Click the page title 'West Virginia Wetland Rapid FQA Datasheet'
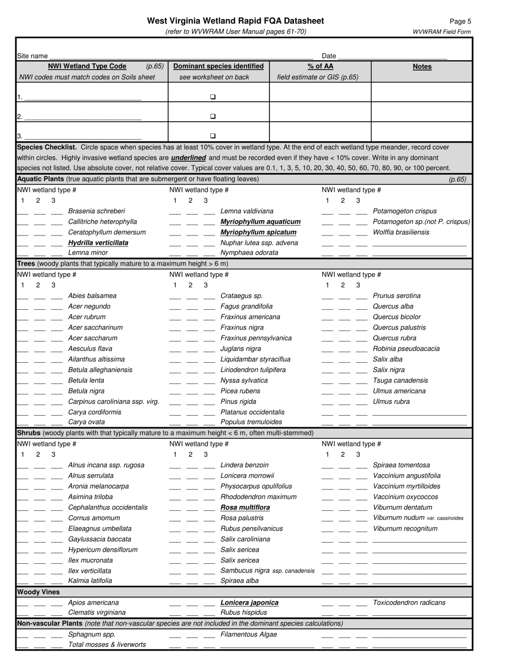pyautogui.click(x=235, y=21)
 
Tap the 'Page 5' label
pyautogui.click(x=461, y=21)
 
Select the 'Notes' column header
pyautogui.click(x=422, y=67)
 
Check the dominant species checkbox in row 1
pyautogui.click(x=213, y=97)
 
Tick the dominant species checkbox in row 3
pyautogui.click(x=213, y=135)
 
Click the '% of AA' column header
pyautogui.click(x=320, y=66)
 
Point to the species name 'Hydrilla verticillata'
pyautogui.click(x=98, y=243)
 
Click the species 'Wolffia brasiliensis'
pyautogui.click(x=401, y=232)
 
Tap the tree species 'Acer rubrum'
pyautogui.click(x=87, y=317)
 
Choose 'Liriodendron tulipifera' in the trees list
pyautogui.click(x=253, y=370)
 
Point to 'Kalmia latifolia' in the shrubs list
pyautogui.click(x=90, y=581)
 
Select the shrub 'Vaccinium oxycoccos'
pyautogui.click(x=405, y=497)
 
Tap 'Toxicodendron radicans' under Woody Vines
pyautogui.click(x=409, y=603)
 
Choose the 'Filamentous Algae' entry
pyautogui.click(x=249, y=634)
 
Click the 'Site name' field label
pyautogui.click(x=32, y=56)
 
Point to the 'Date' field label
pyautogui.click(x=329, y=56)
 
